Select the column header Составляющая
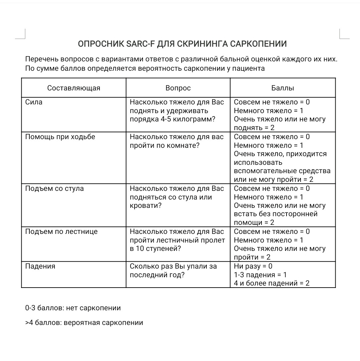point(73,88)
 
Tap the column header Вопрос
point(178,88)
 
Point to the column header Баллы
point(283,88)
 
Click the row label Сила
point(34,102)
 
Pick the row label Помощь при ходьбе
point(60,137)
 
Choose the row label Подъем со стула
point(54,189)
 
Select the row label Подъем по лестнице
point(61,232)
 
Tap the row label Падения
point(40,267)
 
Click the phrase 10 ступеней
point(159,249)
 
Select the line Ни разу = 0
point(253,267)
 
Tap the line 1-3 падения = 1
point(260,275)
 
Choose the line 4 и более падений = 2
point(272,284)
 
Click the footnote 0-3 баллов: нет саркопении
point(73,308)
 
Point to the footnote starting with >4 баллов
point(84,323)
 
